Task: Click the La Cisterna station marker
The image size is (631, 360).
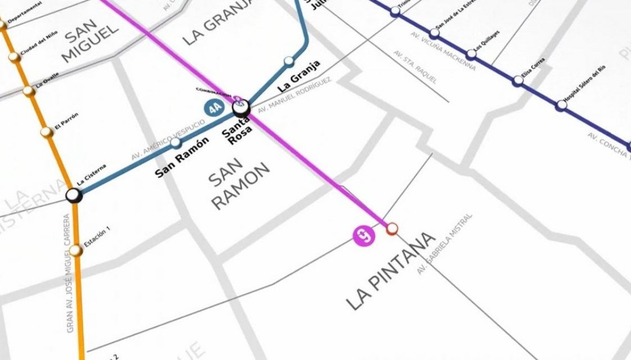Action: click(74, 196)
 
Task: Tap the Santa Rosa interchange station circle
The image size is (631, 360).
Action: click(241, 108)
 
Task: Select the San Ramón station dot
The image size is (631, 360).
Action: click(176, 142)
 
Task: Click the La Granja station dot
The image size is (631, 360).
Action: click(288, 61)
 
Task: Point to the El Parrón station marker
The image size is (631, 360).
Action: click(46, 131)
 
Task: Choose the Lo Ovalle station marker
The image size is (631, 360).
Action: click(29, 91)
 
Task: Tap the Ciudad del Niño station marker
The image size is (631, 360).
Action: click(15, 56)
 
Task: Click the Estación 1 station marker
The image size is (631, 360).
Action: click(76, 251)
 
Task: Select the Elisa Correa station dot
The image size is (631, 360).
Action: click(518, 80)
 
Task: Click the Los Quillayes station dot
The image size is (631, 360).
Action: click(471, 54)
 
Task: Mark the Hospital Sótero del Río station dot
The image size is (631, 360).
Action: click(562, 105)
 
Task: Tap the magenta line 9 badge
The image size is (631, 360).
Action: click(364, 235)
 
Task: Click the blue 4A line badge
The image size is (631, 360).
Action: click(213, 109)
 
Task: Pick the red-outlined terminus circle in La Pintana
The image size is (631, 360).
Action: click(392, 229)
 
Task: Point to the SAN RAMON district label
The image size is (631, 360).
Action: click(239, 184)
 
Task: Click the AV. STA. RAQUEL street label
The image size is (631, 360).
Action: click(415, 67)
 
